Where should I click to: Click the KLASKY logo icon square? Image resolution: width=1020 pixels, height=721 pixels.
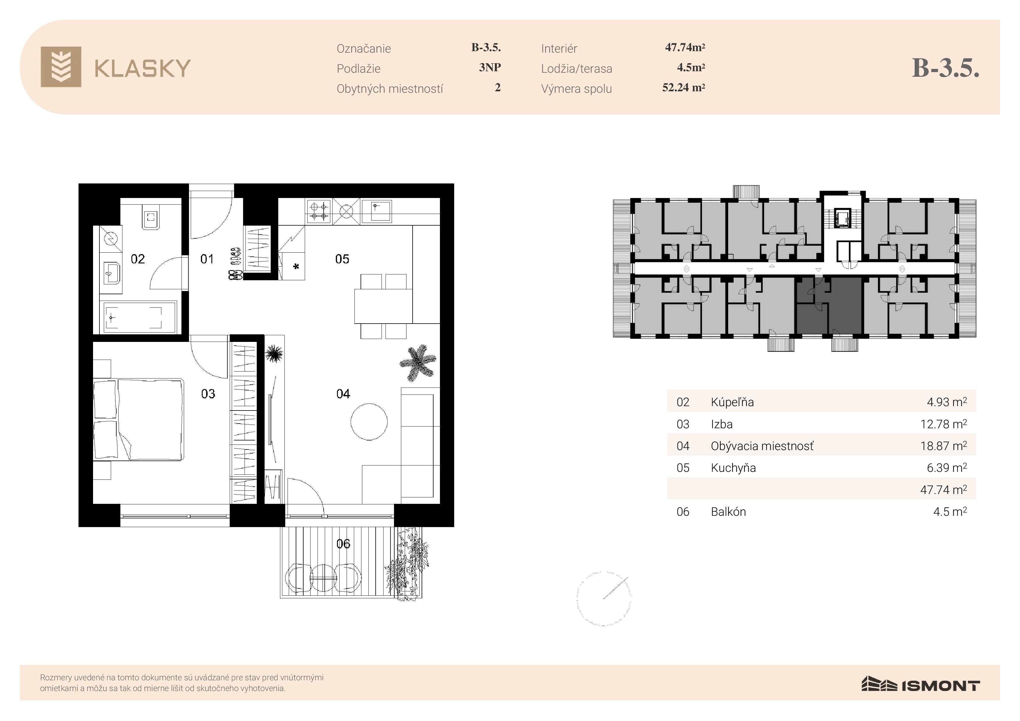[x=61, y=67]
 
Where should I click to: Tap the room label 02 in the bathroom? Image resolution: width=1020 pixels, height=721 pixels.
[x=138, y=259]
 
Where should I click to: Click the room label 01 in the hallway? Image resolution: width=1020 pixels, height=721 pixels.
[x=207, y=259]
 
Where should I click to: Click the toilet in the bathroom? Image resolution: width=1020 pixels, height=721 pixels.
[x=151, y=218]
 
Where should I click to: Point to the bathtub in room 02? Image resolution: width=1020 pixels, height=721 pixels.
[x=140, y=317]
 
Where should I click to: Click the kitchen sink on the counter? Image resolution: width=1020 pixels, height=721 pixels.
[x=376, y=211]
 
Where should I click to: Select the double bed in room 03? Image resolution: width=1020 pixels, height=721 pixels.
[x=139, y=419]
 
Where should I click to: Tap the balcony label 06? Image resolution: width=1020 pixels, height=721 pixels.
[x=343, y=544]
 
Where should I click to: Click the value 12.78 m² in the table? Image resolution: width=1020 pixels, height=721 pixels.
[x=943, y=424]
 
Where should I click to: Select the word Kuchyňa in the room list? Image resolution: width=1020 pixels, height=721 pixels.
[x=733, y=468]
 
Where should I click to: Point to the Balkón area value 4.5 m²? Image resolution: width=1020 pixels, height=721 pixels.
[x=950, y=511]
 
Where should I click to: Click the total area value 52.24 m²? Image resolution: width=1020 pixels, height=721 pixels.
[x=683, y=88]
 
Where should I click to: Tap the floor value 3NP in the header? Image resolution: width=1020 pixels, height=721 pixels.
[x=490, y=67]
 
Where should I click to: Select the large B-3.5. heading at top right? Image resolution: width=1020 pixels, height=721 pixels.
[x=945, y=68]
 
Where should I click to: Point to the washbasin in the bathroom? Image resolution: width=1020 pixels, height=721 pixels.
[x=111, y=273]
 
